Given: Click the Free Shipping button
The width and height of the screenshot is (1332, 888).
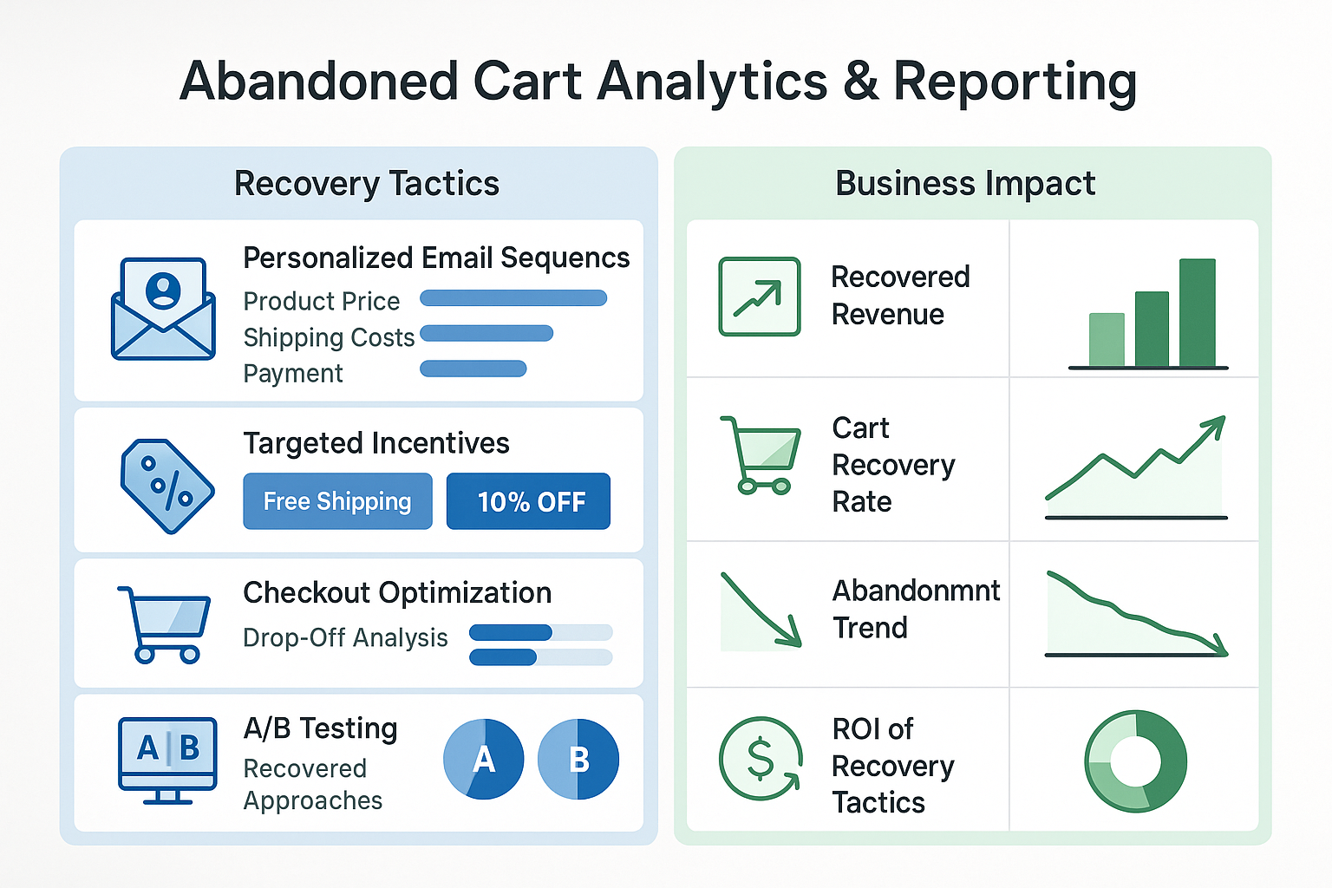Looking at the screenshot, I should pos(337,501).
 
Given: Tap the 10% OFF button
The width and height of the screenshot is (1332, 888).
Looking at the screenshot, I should pos(528,501).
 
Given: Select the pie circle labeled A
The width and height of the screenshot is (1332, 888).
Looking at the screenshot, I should pos(483,759).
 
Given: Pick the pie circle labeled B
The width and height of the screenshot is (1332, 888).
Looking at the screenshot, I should pos(578,759).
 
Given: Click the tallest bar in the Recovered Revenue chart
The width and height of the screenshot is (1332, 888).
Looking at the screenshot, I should pos(1197,312).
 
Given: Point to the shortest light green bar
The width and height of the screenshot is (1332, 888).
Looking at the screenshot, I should pos(1107,339).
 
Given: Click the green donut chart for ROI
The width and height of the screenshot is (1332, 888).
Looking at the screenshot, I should pos(1136,761).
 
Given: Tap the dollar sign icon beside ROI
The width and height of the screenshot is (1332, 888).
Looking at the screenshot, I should pos(761,759).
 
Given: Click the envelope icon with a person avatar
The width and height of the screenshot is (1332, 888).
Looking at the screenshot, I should pos(163,309).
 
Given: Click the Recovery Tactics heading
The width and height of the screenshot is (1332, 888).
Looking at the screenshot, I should pos(367,184).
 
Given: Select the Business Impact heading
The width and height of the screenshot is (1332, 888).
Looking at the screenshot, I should pos(965,184).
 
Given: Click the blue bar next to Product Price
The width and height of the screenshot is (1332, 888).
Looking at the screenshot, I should pos(513,298).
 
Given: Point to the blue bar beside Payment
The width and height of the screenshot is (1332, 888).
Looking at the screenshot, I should pos(473,369).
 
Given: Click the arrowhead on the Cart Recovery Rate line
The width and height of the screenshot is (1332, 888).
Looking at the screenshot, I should pos(1215,425).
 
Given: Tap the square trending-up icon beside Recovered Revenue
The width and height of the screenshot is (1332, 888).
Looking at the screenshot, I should pos(760,297).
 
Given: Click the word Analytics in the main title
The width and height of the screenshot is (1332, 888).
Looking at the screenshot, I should pos(712,82).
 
